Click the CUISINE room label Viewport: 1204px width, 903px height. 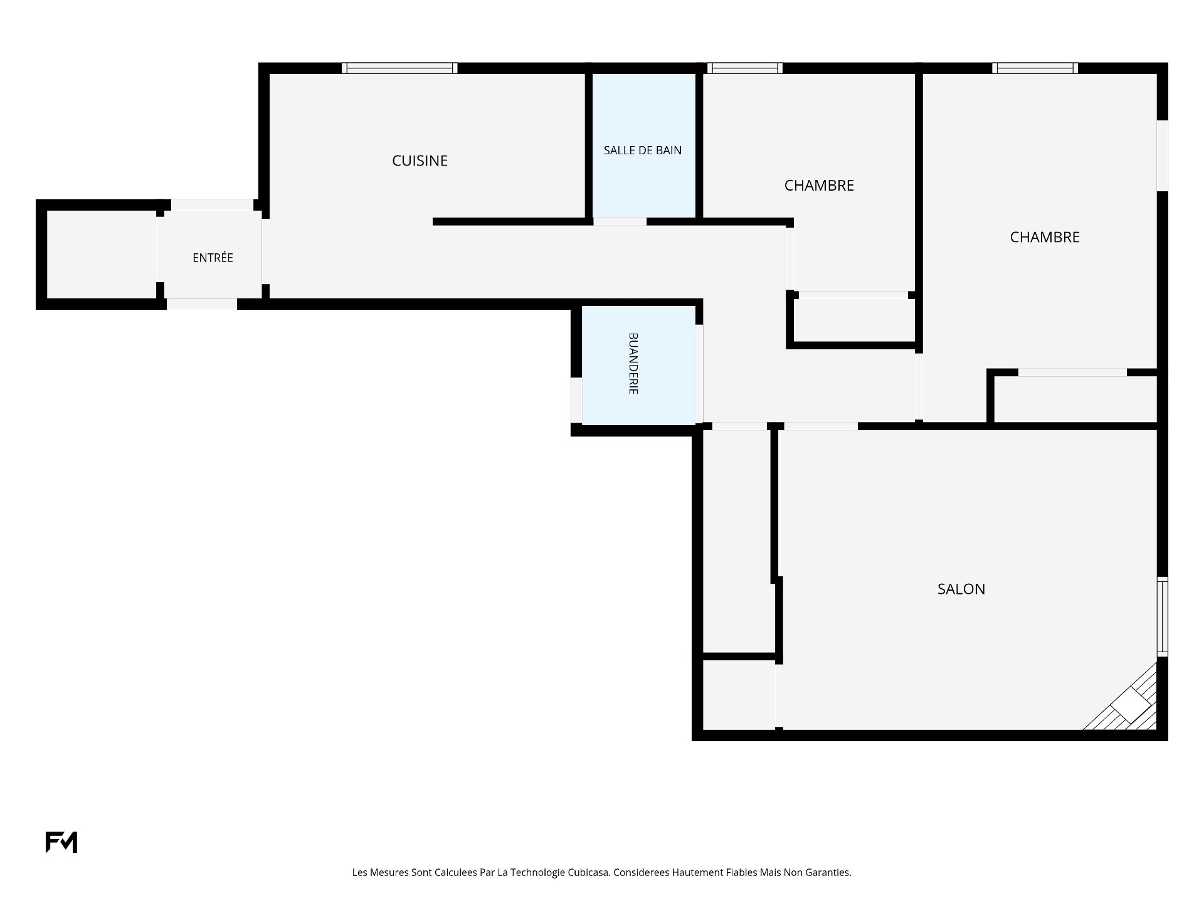(x=420, y=161)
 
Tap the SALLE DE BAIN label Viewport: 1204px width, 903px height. (x=643, y=150)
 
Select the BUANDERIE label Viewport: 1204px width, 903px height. (x=633, y=363)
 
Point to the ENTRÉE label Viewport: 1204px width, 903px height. (x=213, y=258)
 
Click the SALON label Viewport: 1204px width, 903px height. (x=961, y=589)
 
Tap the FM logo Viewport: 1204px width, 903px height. (x=61, y=842)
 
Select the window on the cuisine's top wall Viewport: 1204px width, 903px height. (x=399, y=68)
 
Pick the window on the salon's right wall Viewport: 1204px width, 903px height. (x=1162, y=616)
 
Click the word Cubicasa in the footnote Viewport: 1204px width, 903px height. (x=589, y=872)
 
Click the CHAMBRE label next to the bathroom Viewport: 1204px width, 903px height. (x=819, y=186)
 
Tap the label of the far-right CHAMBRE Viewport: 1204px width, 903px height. (x=1045, y=237)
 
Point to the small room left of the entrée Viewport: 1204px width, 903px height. (x=101, y=254)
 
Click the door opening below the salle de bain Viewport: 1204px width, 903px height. (x=620, y=221)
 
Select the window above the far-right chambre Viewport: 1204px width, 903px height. (x=1035, y=68)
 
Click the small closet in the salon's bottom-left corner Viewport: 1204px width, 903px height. (x=739, y=695)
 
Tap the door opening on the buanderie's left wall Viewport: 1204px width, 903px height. (x=576, y=400)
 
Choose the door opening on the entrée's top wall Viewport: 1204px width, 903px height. (x=212, y=204)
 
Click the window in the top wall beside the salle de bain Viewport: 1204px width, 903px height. (x=745, y=68)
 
